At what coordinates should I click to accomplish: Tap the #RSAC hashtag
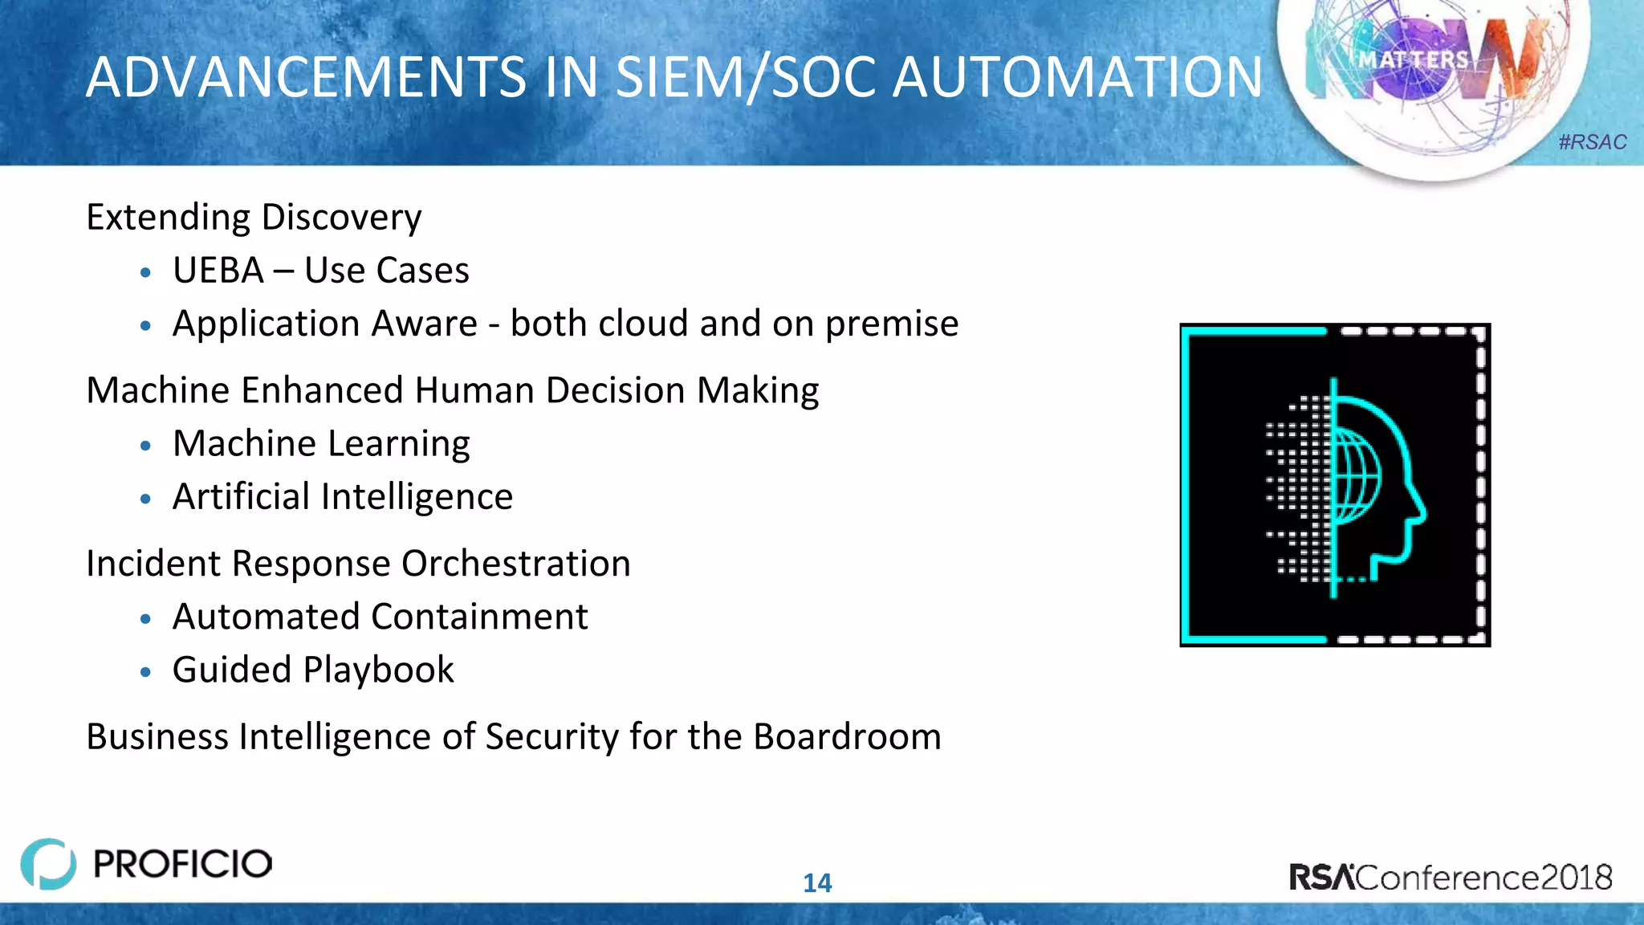click(1592, 142)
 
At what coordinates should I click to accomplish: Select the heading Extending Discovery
click(254, 218)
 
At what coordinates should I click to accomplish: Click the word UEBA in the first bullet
click(218, 271)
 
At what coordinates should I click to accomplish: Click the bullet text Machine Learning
click(321, 444)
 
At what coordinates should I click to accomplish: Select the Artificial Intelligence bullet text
click(343, 497)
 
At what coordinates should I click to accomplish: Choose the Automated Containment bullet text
click(380, 617)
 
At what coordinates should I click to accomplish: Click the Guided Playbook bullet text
click(313, 670)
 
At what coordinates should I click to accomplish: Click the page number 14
click(817, 883)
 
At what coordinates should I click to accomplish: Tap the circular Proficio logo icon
click(48, 864)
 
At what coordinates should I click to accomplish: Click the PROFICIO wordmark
click(183, 864)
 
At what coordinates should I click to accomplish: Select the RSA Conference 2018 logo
click(1450, 877)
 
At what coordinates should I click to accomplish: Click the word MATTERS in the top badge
click(1413, 60)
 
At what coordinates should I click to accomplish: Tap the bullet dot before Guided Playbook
click(145, 672)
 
